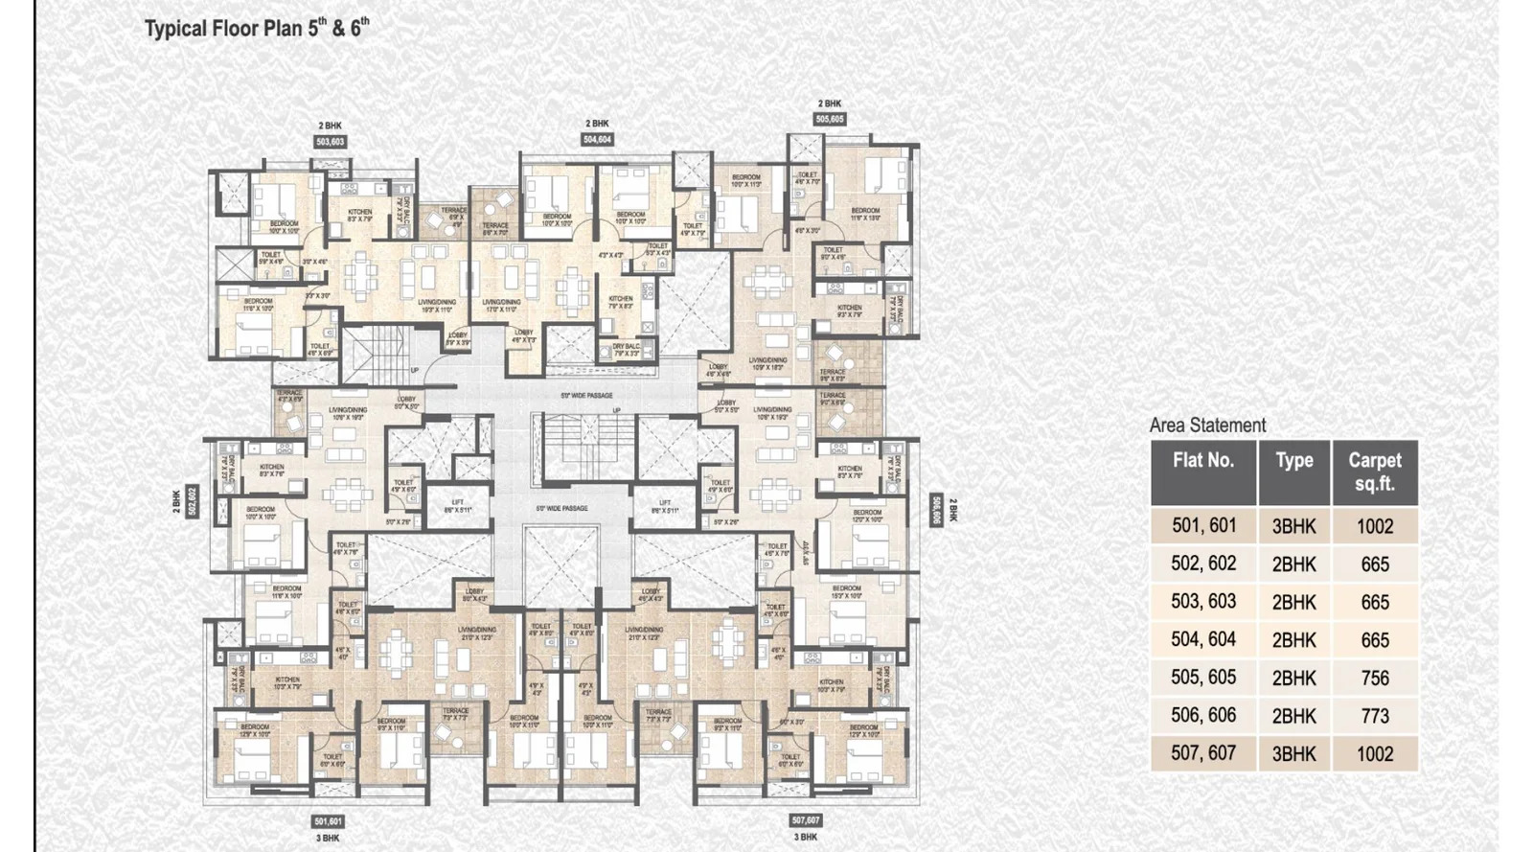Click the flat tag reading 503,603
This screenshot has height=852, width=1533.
tap(330, 142)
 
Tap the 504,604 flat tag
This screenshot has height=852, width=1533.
tap(597, 140)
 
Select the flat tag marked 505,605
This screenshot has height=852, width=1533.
tap(830, 120)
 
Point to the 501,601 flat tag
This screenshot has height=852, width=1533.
tap(328, 821)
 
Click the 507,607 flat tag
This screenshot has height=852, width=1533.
tap(806, 820)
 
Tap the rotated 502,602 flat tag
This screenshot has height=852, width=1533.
tap(192, 500)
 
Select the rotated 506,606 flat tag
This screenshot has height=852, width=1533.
tap(936, 510)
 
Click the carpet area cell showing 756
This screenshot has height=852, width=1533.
tap(1374, 678)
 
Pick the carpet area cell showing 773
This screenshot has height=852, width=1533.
tap(1374, 716)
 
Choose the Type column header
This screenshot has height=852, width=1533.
tap(1293, 461)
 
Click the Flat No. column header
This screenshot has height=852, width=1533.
tap(1203, 461)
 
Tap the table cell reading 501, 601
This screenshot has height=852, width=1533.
tap(1203, 526)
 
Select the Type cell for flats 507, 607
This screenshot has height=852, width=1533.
tap(1293, 754)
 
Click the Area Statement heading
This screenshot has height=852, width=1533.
tap(1207, 425)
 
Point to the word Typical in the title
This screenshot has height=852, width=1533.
tap(175, 29)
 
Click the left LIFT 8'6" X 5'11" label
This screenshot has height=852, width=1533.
tap(458, 506)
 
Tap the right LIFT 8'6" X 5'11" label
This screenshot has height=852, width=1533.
tap(665, 506)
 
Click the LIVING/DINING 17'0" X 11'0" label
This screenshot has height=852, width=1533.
tap(502, 306)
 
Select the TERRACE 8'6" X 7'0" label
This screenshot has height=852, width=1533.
tap(495, 229)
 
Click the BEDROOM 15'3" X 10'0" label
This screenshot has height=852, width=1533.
tap(846, 591)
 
